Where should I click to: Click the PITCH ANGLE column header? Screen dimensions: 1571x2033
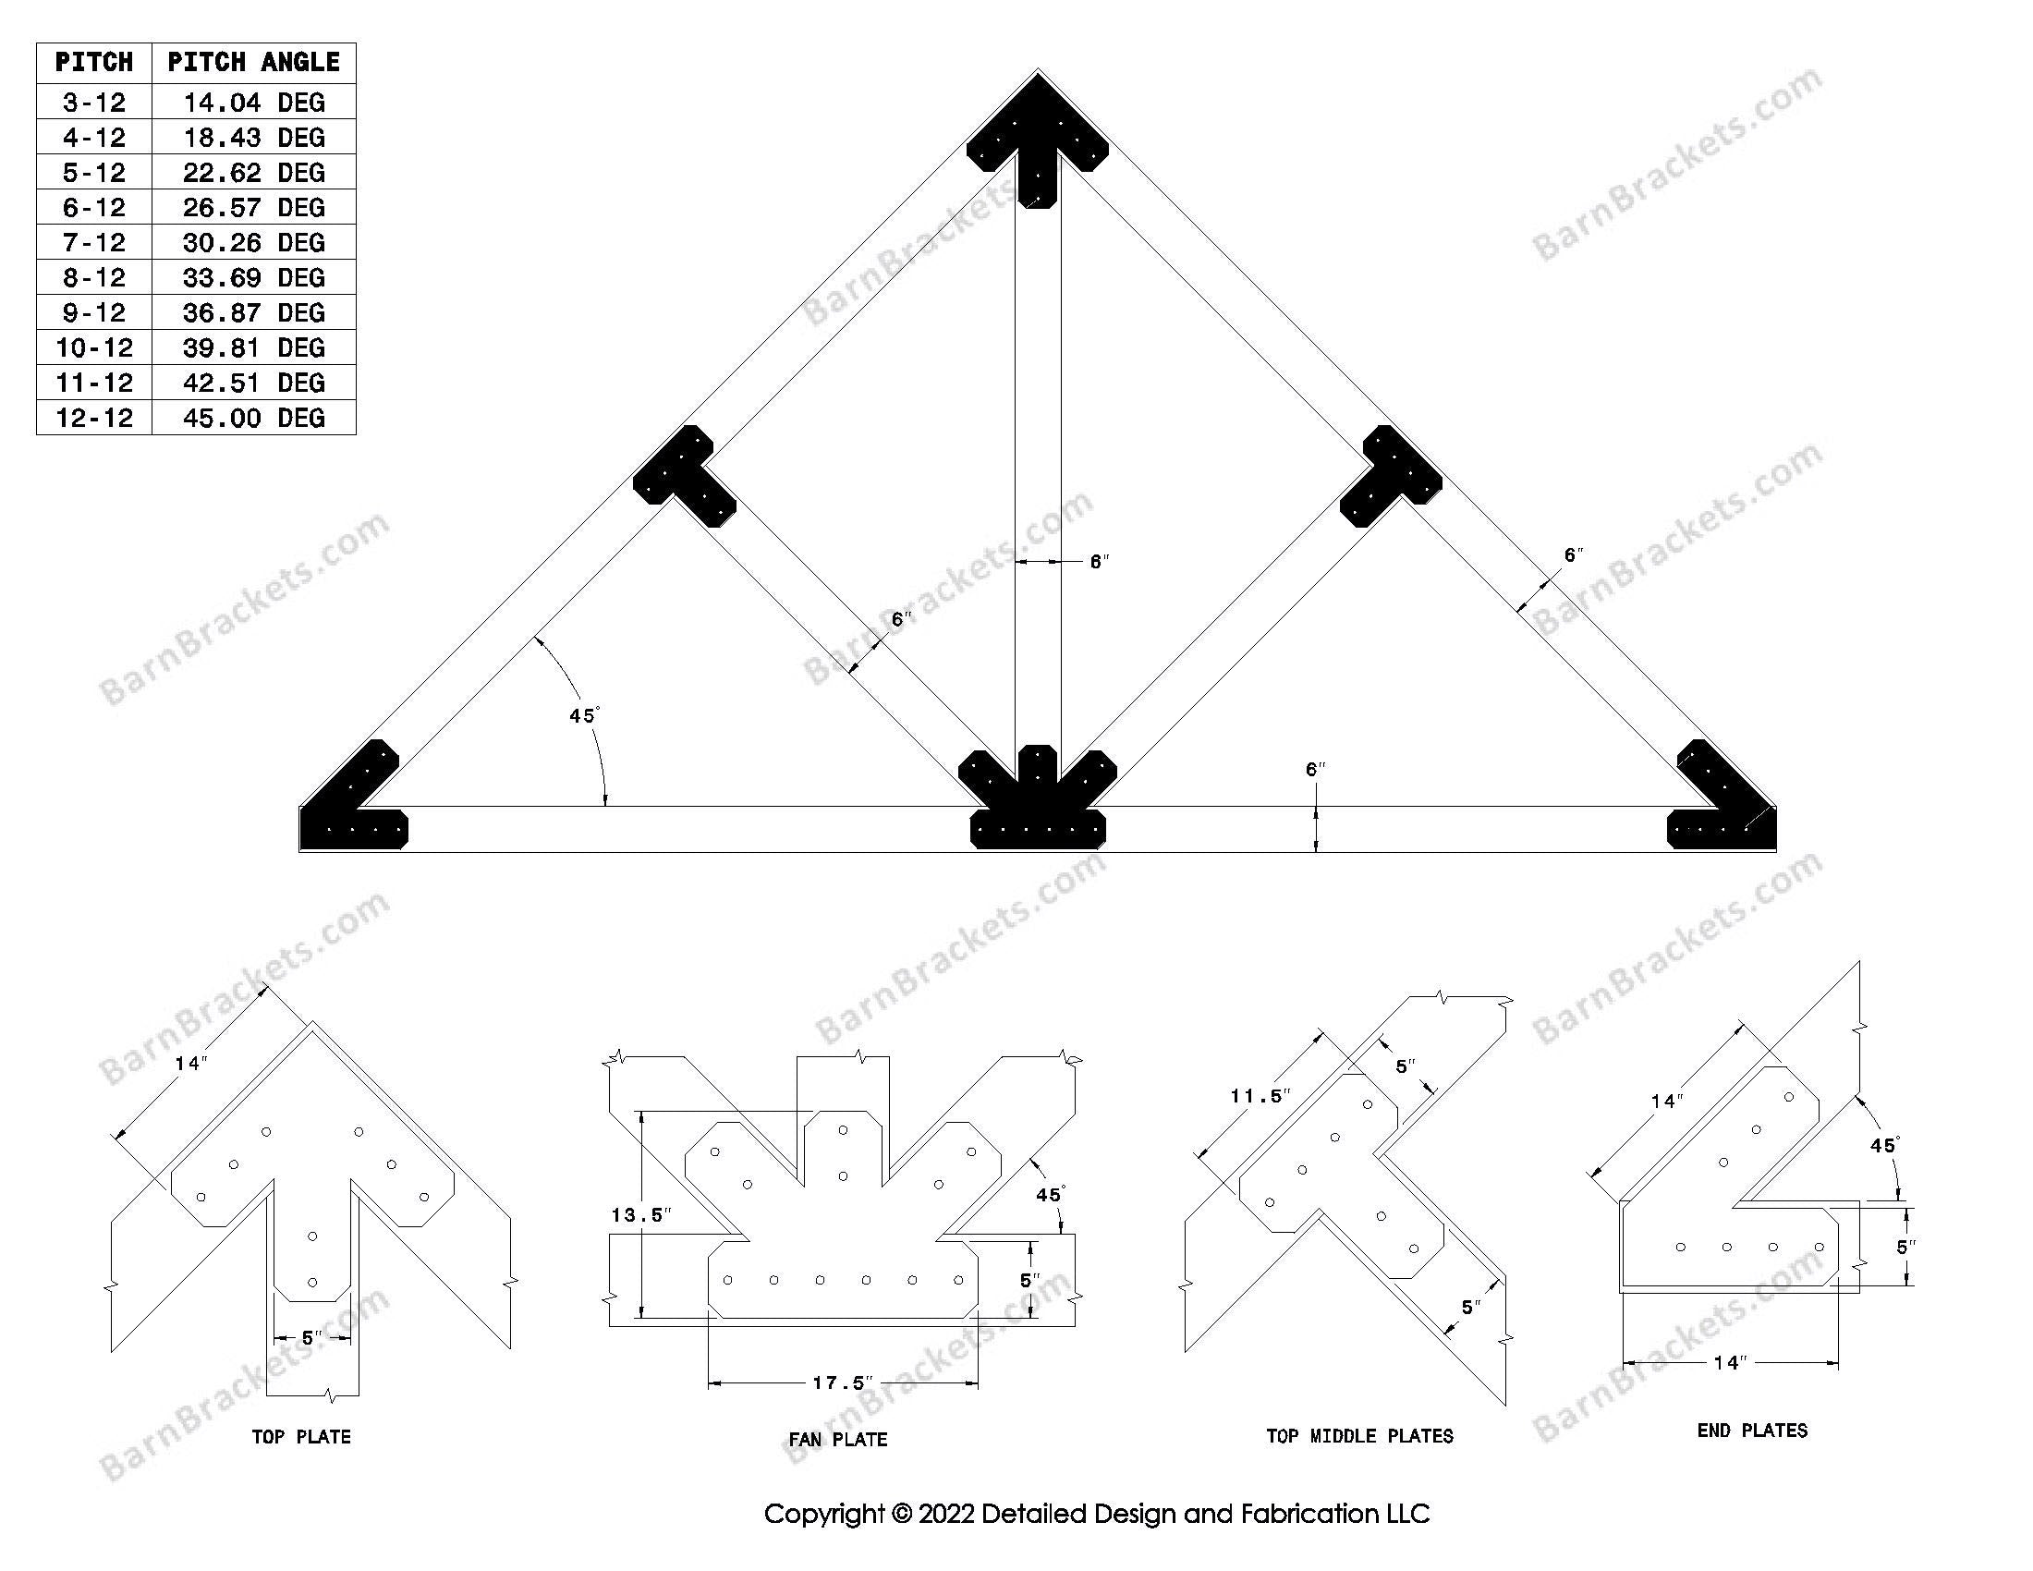point(253,62)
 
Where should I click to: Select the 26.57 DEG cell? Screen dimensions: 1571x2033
point(253,207)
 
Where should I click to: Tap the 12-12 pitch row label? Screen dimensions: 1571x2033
point(94,417)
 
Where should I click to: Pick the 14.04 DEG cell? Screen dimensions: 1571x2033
point(253,103)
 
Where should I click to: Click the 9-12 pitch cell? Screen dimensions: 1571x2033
point(94,311)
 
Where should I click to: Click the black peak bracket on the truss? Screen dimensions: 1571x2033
point(1037,140)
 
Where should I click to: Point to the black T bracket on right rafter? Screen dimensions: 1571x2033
point(1390,478)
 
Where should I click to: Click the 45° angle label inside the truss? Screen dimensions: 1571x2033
point(584,714)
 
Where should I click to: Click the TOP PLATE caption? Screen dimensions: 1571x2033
point(300,1437)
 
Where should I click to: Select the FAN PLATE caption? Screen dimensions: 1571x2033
point(838,1440)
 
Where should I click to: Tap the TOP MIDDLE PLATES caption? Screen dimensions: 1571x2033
point(1359,1436)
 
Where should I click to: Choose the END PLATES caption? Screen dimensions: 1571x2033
point(1752,1431)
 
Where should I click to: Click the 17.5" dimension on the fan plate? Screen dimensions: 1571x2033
point(842,1383)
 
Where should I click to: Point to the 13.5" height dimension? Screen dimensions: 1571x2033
point(639,1215)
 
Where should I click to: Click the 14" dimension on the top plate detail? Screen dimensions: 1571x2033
point(189,1064)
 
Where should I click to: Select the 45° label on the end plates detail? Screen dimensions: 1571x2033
point(1882,1146)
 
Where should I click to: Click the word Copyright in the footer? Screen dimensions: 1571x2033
point(822,1515)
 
